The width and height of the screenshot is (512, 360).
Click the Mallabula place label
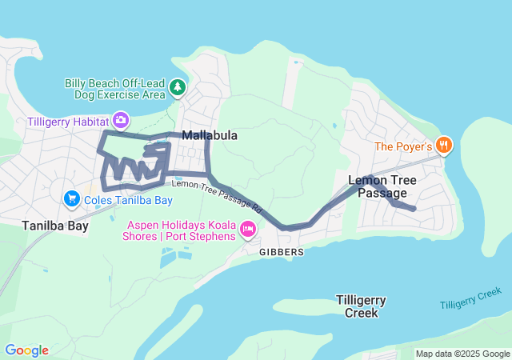coord(210,136)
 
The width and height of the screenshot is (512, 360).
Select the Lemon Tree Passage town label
coord(382,186)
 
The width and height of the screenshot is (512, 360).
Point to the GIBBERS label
coord(281,252)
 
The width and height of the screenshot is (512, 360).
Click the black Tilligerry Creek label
coord(361,306)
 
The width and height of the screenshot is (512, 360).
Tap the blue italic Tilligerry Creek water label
coord(475,298)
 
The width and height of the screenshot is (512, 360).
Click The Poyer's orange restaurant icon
coord(444,146)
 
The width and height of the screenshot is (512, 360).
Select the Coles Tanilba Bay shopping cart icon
coord(71,198)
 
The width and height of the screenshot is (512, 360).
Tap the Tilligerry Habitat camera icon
coord(120,121)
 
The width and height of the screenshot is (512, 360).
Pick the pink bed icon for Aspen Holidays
coord(248,231)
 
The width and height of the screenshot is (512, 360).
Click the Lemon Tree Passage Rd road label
coord(217,194)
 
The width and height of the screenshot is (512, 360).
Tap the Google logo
coord(26,350)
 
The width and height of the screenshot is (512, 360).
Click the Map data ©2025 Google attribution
coord(462,354)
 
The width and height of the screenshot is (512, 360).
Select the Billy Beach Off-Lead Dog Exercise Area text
coord(114,88)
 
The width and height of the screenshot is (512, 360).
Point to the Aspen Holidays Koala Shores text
coord(179,230)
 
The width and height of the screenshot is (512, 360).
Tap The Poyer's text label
coord(403,146)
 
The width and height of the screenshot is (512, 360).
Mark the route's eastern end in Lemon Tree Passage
coord(414,210)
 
